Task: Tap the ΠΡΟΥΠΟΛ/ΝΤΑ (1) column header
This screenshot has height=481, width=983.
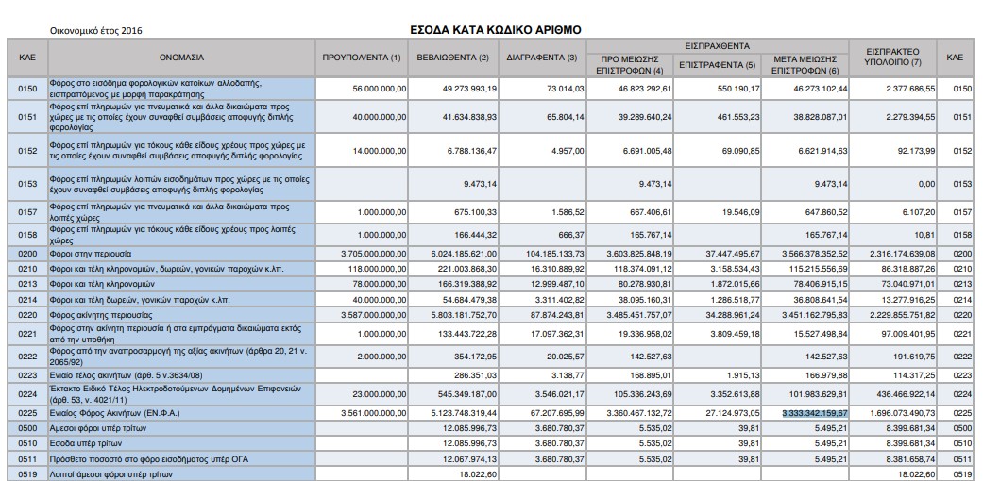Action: click(362, 58)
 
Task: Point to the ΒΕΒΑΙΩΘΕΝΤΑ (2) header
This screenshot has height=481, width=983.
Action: click(453, 58)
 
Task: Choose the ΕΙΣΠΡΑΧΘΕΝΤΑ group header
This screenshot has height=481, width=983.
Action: click(717, 44)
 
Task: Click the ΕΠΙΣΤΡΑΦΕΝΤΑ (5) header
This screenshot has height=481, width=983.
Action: click(718, 65)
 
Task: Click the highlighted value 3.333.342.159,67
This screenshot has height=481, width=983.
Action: click(815, 412)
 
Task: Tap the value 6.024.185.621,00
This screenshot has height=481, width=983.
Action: click(457, 254)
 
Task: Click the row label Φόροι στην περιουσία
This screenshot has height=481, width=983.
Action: click(93, 254)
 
